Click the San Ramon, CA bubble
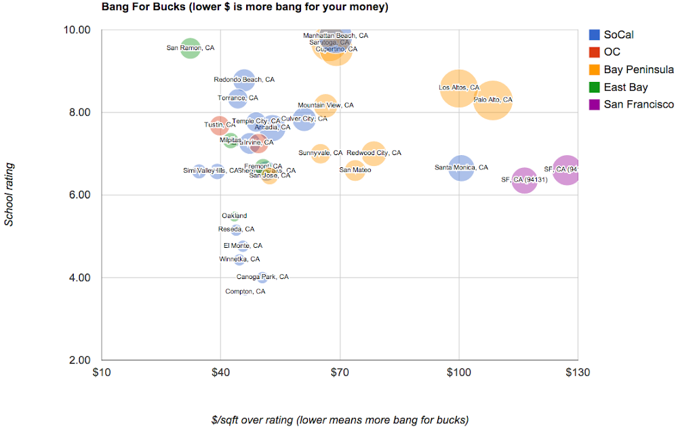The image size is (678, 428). (191, 48)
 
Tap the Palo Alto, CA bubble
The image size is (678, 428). (493, 100)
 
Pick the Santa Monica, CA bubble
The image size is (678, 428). (461, 167)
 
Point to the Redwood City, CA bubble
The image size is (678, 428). (374, 153)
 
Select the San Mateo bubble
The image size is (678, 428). (355, 170)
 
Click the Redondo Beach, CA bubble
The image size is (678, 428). (244, 80)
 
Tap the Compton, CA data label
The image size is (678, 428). (245, 292)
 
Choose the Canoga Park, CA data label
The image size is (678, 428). (262, 277)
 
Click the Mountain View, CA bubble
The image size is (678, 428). (325, 106)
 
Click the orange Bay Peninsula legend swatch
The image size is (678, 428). (594, 70)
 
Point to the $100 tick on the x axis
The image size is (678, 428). (459, 372)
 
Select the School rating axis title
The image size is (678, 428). (9, 194)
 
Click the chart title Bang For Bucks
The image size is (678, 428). (245, 7)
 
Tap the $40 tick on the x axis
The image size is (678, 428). (220, 372)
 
